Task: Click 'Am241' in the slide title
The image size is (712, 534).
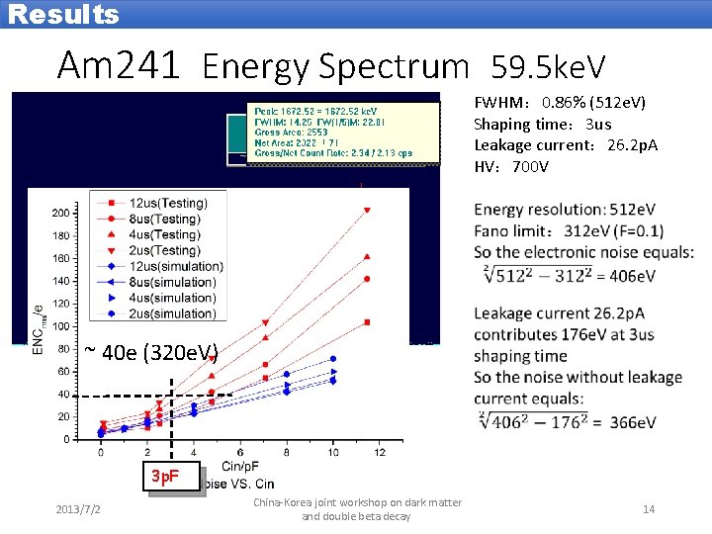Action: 119,66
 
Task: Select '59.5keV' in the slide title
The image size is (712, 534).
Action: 549,67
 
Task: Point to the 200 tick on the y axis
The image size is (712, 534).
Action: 60,213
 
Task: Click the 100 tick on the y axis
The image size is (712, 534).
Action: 60,326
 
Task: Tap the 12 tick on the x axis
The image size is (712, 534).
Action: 367,452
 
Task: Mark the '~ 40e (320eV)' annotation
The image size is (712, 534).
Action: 150,351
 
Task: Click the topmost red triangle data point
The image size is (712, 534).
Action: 367,210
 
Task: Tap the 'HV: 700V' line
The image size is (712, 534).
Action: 511,166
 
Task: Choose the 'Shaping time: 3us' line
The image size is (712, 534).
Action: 543,124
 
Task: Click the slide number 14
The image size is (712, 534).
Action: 649,509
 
